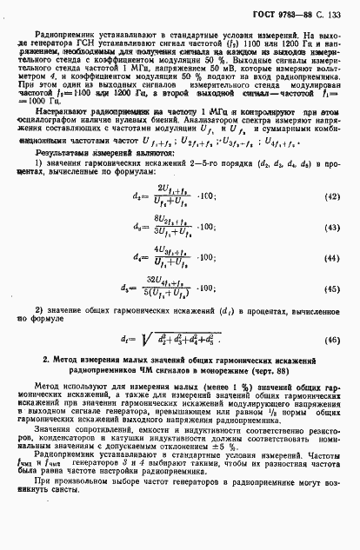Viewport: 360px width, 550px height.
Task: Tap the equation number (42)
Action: point(333,222)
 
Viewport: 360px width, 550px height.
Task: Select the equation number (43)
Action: point(333,252)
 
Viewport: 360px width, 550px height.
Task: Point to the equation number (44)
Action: point(333,283)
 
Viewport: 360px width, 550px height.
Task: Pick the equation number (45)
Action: point(333,314)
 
